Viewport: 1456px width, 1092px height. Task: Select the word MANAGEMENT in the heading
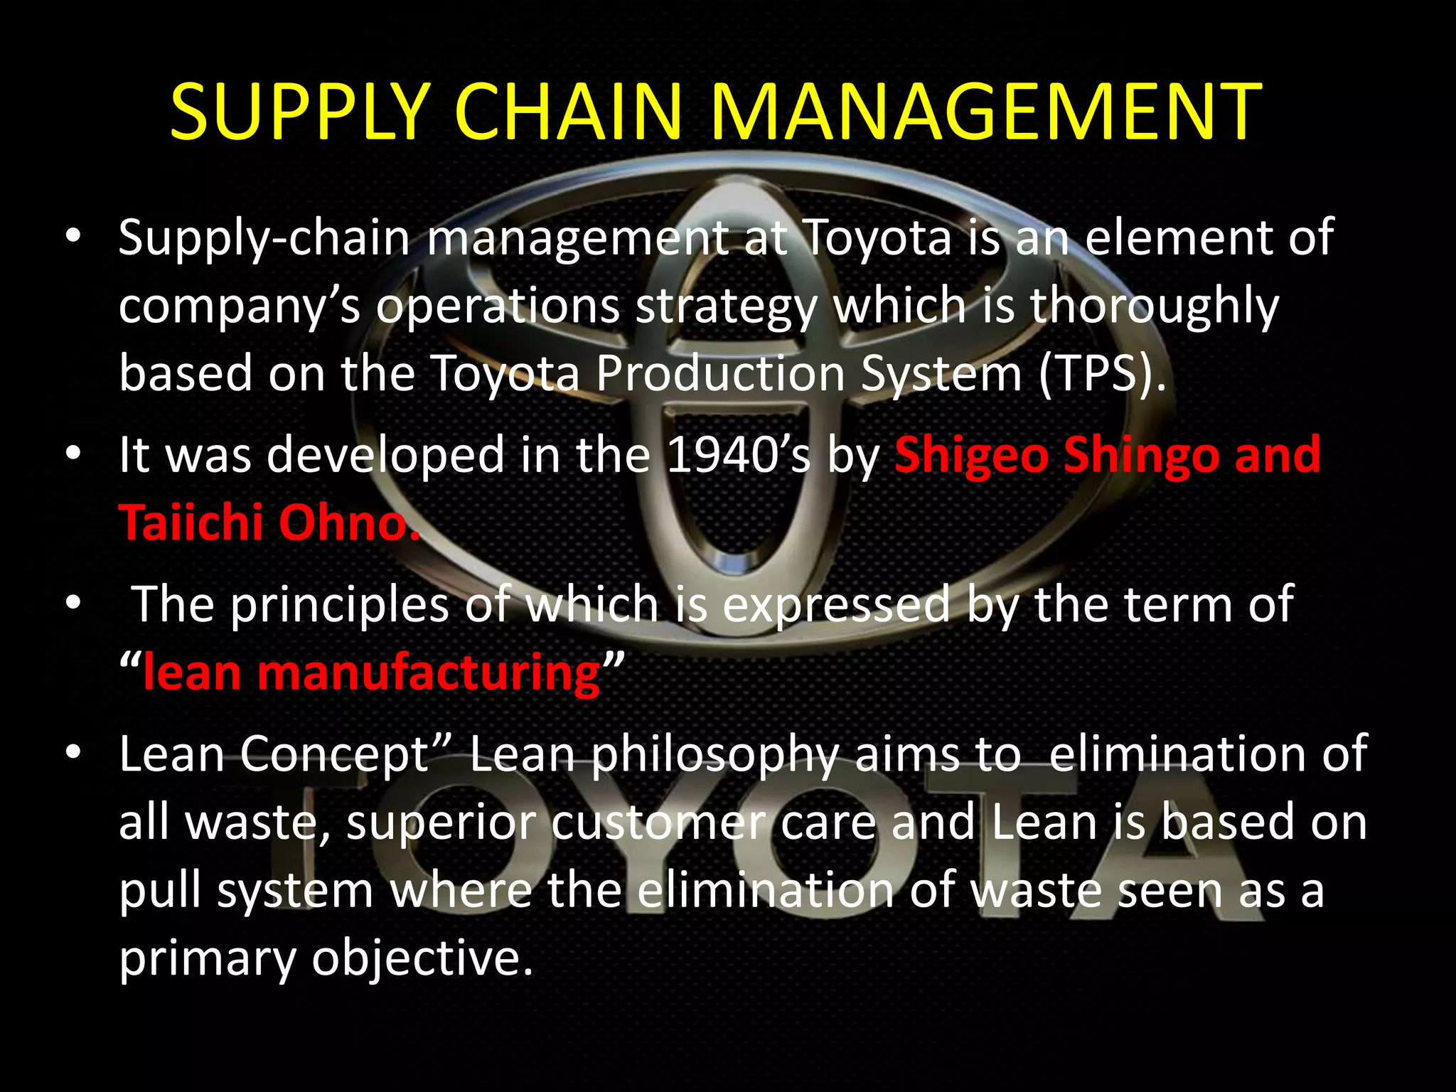pyautogui.click(x=985, y=112)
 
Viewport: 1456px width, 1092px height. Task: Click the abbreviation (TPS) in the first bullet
pyautogui.click(x=1101, y=373)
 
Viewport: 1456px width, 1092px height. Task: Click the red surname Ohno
pyautogui.click(x=348, y=523)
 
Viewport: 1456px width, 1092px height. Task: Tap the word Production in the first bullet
pyautogui.click(x=720, y=373)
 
